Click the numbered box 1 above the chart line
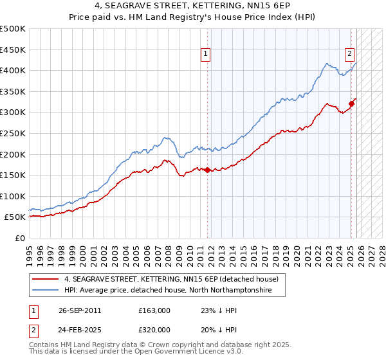205,55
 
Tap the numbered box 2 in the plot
349,55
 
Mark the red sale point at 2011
208,170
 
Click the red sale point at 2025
351,104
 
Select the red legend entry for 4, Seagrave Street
170,279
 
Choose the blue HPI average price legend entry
164,291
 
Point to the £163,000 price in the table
154,310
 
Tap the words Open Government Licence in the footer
173,352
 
